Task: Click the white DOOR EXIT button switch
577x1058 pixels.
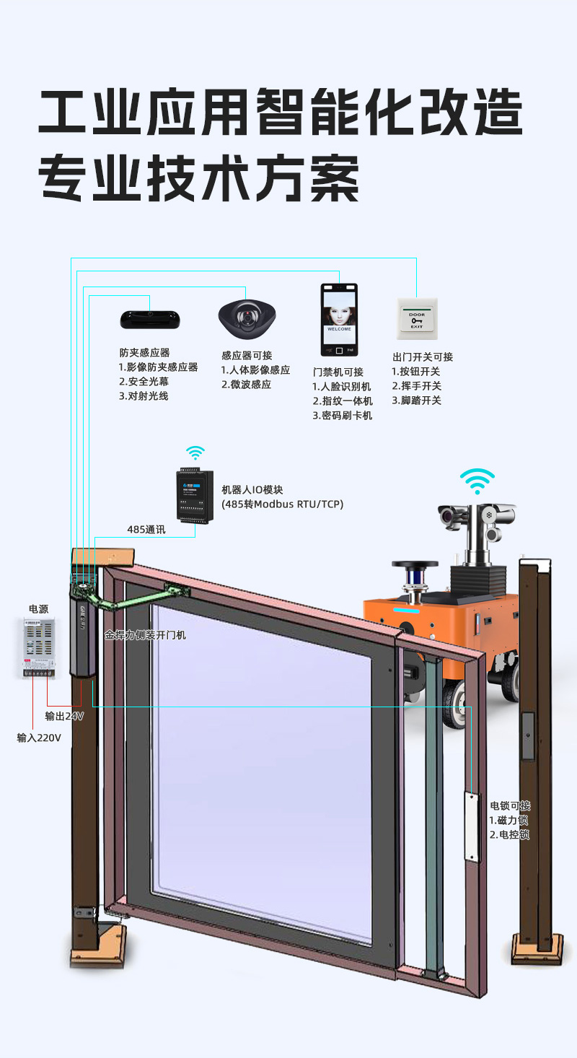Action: coord(417,319)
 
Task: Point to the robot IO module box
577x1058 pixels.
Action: coord(195,496)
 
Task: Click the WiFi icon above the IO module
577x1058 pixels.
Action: coord(195,453)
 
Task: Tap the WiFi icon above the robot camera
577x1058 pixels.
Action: coord(477,481)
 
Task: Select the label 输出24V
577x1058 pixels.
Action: coord(64,716)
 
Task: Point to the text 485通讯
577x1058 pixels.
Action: coord(146,530)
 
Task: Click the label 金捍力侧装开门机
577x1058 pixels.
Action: coord(145,635)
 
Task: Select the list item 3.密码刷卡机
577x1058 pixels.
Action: coord(343,416)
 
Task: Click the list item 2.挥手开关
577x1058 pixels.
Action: coord(417,386)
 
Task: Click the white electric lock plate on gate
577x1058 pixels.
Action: coord(472,826)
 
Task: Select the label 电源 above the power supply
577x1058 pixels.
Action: coord(38,609)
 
